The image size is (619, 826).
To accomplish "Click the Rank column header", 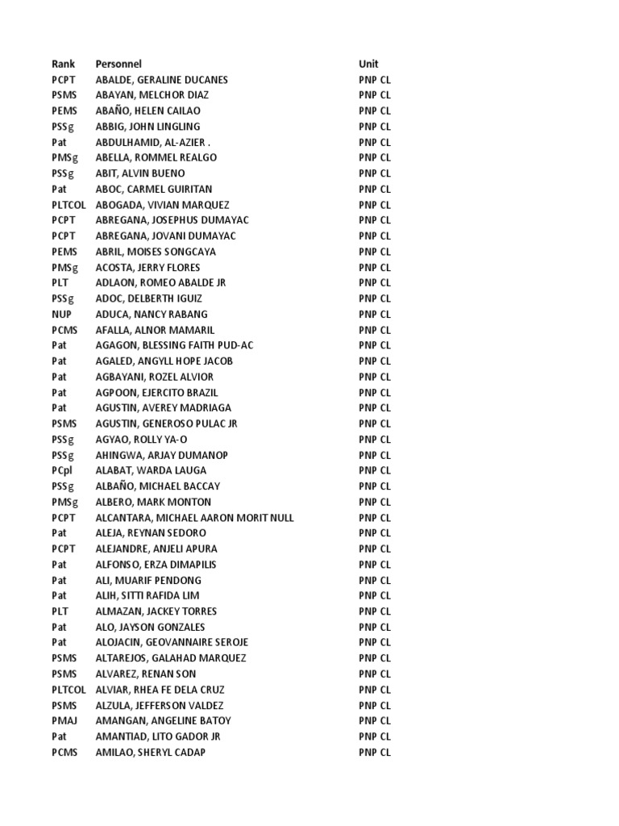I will coord(63,64).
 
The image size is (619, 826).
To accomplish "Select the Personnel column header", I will coord(118,64).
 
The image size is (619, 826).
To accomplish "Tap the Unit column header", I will coord(368,64).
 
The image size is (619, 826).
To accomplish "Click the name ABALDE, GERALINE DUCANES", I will coord(161,80).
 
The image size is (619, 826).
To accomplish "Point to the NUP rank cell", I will coord(62,315).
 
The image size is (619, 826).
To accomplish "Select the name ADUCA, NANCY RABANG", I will coord(152,315).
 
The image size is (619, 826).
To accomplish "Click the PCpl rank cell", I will coord(63,470).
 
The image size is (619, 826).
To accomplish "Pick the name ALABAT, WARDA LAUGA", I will coord(151,470).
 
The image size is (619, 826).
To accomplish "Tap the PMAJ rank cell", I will coord(64,720).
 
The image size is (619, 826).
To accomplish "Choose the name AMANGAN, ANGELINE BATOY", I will coord(163,720).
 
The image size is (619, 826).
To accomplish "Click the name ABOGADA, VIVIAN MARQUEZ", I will coord(162,205).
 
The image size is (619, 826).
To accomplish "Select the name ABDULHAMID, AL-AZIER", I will coord(147,142).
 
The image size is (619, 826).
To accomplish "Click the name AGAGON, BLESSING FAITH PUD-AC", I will coord(174,345).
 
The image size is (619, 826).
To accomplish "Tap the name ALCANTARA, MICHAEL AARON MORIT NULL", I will coord(194,518).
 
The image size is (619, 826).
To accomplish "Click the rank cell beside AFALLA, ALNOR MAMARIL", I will coord(64,330).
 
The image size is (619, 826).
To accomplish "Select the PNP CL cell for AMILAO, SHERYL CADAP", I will coord(374,752).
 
